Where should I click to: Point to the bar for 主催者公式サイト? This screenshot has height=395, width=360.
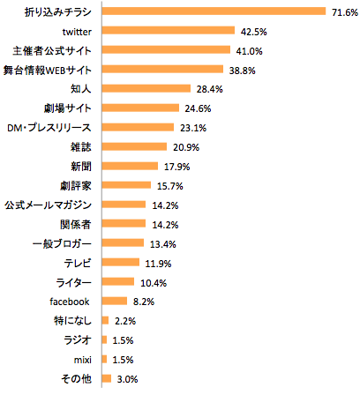(166, 50)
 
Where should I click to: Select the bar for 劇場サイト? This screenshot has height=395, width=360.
(140, 108)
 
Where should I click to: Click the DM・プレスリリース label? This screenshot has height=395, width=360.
(59, 127)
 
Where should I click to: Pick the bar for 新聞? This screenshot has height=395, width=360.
(130, 166)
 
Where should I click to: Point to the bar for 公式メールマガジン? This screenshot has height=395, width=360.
(124, 205)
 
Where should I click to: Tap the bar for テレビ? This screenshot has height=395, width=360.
(121, 263)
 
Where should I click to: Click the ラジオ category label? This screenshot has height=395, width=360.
(82, 340)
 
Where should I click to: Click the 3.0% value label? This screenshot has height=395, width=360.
(126, 379)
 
